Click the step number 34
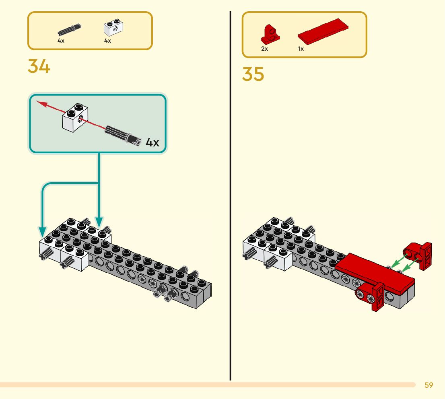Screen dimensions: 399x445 (x=39, y=66)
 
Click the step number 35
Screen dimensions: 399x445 (x=253, y=74)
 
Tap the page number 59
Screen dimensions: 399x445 (x=429, y=385)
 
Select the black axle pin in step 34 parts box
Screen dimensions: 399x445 (x=70, y=30)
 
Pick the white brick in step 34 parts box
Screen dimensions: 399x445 (x=113, y=29)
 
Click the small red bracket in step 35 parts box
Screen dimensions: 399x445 (x=270, y=34)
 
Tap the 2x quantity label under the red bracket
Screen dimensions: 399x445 (x=264, y=49)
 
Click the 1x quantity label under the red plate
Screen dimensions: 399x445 (x=301, y=49)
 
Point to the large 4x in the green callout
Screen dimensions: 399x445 (x=152, y=142)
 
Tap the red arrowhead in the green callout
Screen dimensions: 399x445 (x=40, y=103)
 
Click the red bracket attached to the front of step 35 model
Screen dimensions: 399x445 (x=371, y=296)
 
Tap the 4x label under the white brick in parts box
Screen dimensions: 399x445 (x=107, y=41)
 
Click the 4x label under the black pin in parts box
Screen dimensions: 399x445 (x=61, y=41)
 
